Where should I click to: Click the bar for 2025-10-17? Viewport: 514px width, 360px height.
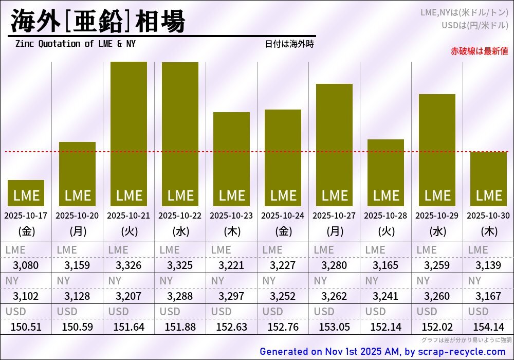26,193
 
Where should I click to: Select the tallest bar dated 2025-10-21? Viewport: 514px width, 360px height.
128,134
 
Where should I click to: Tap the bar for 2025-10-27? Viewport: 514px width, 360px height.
334,144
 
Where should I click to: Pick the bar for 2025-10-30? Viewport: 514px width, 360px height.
488,178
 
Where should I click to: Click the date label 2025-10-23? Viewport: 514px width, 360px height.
231,216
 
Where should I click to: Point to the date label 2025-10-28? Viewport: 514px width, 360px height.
385,216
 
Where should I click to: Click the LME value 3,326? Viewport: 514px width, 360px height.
128,266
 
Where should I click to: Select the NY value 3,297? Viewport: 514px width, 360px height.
231,296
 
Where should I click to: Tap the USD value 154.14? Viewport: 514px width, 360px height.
488,327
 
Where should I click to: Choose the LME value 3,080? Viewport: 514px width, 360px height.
26,266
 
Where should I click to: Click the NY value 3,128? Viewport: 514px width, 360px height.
77,296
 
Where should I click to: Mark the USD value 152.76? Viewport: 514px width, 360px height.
283,327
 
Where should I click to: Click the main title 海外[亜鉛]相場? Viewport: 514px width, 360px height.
98,22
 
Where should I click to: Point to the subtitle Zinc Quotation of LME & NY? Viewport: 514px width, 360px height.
76,44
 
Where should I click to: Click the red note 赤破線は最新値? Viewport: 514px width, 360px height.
479,51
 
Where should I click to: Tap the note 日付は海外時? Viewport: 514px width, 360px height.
289,44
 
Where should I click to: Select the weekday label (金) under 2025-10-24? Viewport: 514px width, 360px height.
283,231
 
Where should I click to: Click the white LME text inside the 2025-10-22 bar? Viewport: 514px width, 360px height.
180,196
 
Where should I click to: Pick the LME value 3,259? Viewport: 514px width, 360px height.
437,266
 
